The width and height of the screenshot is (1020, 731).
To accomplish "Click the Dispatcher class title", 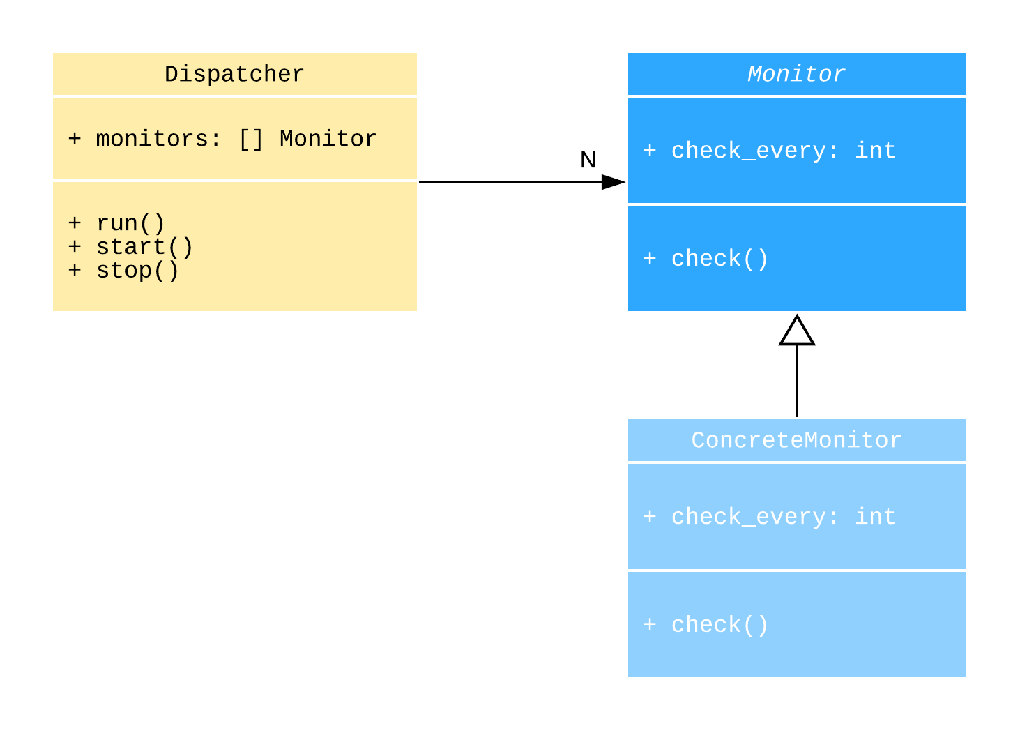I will [x=234, y=74].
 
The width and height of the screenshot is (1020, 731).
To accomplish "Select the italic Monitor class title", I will [x=796, y=74].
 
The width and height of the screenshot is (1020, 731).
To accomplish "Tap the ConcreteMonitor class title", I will [x=796, y=440].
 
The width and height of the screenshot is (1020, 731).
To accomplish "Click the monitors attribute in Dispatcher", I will [x=222, y=139].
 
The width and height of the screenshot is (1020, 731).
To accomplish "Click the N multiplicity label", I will [x=588, y=160].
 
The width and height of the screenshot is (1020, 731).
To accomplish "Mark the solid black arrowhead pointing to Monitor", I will [x=613, y=182].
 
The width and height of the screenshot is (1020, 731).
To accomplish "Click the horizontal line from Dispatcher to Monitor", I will [x=509, y=182].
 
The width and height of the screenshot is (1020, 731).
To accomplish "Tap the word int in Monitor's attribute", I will [x=875, y=151].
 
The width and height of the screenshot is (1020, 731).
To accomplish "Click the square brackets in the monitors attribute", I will [x=251, y=139].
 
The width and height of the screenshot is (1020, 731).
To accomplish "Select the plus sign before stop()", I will [x=75, y=270].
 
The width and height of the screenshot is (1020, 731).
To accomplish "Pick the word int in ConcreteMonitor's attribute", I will [x=875, y=517].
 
